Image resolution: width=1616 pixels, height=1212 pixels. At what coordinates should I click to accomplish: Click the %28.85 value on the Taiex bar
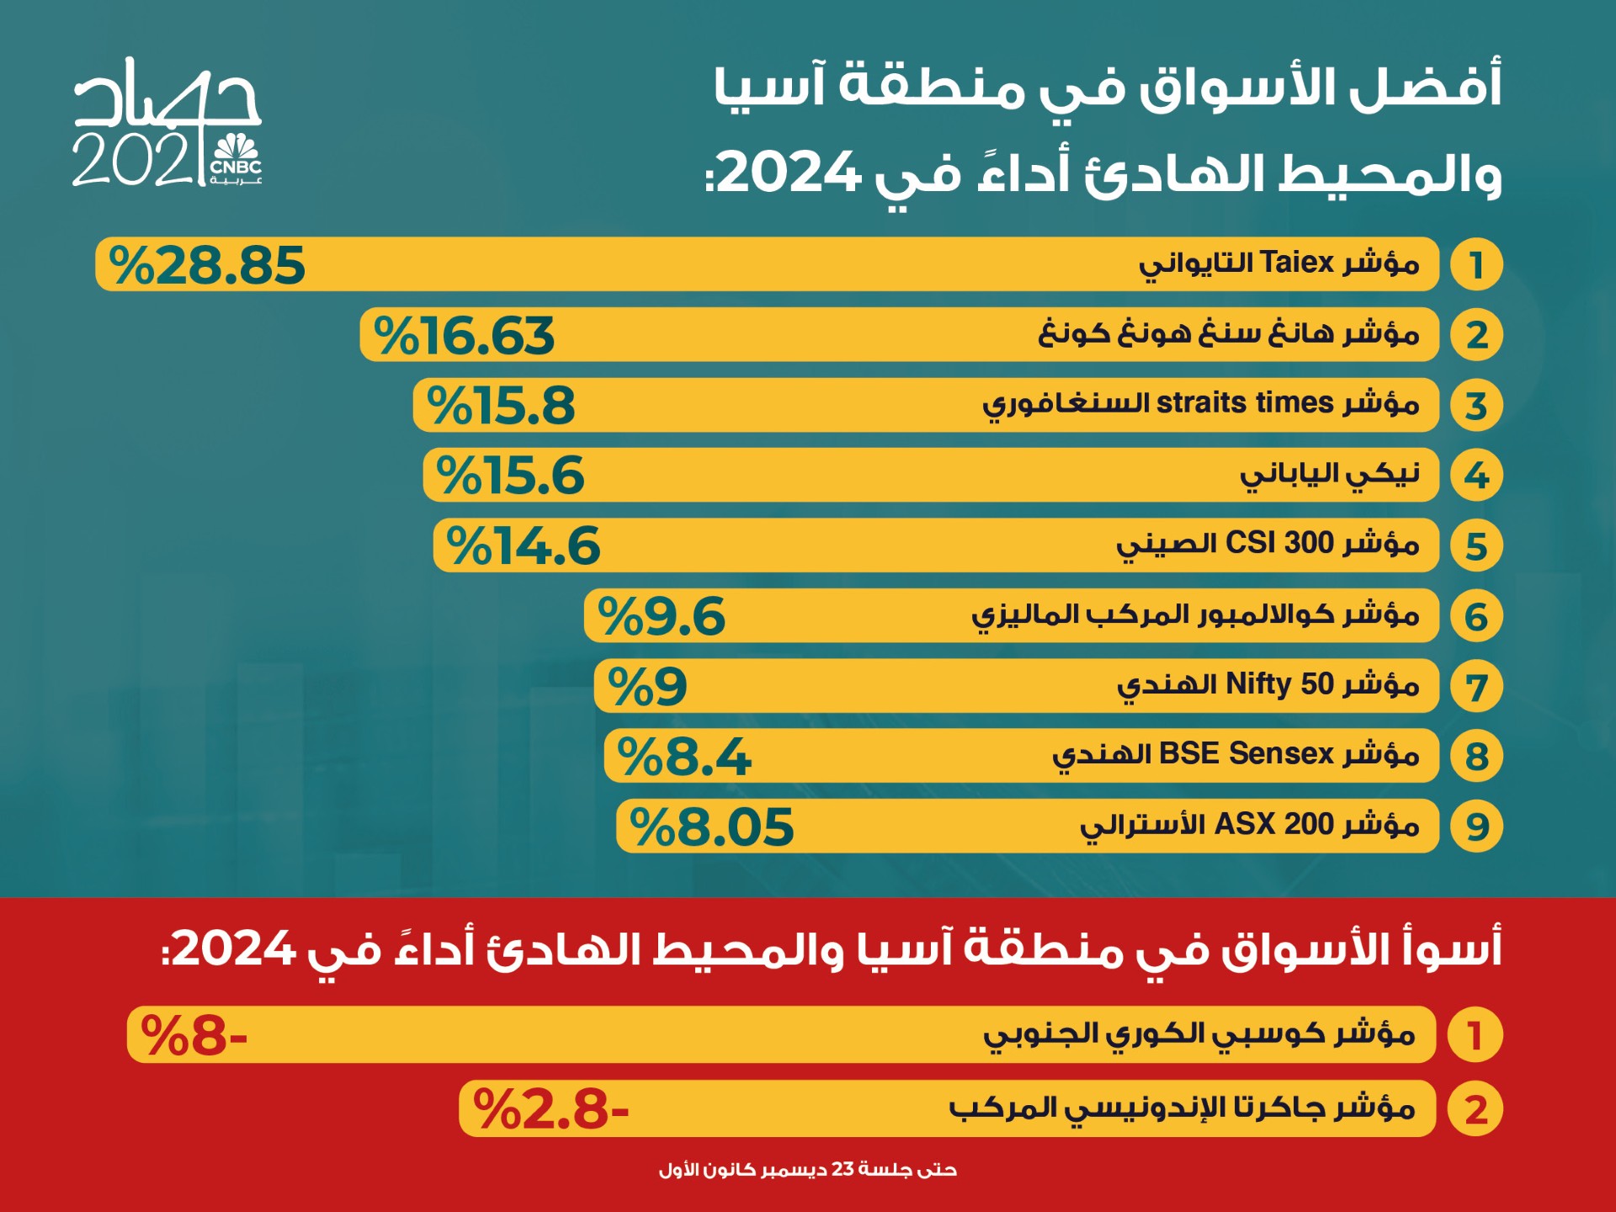tap(207, 265)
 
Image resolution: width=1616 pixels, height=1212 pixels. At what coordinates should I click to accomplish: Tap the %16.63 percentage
tap(464, 336)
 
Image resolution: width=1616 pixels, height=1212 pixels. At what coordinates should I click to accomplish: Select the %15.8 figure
tap(501, 406)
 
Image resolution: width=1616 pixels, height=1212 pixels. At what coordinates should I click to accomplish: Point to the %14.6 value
tap(523, 546)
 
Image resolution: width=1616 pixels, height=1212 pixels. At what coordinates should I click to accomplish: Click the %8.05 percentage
tap(711, 827)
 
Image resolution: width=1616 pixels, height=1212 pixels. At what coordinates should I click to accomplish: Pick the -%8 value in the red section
tap(194, 1035)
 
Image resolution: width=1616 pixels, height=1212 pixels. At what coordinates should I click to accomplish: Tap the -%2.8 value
tap(550, 1109)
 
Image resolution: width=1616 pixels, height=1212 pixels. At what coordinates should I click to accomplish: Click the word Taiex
tap(1297, 263)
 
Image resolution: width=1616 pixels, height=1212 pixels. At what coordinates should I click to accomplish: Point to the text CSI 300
tap(1279, 543)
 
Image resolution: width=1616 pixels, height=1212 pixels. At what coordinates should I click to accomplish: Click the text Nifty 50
tap(1279, 683)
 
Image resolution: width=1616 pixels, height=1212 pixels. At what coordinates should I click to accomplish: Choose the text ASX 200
tap(1274, 824)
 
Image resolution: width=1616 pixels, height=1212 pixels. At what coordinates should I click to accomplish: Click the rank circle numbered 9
tap(1476, 827)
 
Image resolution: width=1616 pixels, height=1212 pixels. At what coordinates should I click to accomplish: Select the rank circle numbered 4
tap(1476, 476)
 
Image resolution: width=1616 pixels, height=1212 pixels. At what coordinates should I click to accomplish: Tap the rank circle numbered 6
tap(1476, 617)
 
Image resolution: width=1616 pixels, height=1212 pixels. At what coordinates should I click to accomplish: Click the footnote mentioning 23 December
tap(808, 1170)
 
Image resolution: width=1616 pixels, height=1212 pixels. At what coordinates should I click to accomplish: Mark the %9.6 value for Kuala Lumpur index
tap(661, 617)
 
